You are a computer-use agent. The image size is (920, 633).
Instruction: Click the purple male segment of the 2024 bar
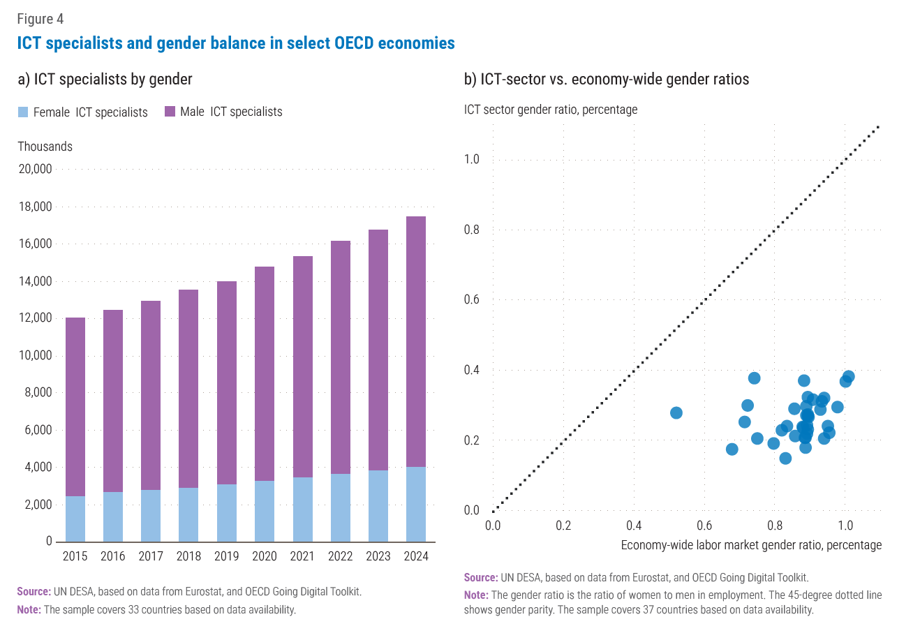(415, 342)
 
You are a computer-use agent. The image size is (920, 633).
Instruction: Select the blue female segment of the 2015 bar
(75, 519)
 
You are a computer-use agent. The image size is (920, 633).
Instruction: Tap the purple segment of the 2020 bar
(265, 373)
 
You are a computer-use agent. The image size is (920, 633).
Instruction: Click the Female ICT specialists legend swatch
(23, 112)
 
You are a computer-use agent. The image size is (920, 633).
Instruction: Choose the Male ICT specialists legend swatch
(170, 112)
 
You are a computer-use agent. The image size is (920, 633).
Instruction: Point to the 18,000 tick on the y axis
(35, 207)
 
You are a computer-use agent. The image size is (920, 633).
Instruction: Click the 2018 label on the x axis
(188, 556)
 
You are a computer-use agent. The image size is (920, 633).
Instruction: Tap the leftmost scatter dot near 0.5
(676, 413)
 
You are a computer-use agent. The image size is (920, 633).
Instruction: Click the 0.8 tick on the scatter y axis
(472, 230)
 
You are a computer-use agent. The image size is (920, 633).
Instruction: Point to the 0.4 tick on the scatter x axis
(634, 526)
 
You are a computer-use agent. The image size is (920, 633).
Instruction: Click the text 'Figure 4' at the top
(40, 19)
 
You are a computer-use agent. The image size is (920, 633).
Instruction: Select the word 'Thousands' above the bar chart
(45, 147)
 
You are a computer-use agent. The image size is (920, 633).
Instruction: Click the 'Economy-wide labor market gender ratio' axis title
(751, 545)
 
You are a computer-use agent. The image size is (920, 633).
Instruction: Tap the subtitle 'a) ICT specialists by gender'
(105, 79)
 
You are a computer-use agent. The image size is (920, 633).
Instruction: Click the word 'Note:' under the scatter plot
(476, 595)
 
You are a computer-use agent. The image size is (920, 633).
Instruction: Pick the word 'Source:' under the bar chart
(34, 591)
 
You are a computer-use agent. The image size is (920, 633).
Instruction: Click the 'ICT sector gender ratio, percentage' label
(551, 110)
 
